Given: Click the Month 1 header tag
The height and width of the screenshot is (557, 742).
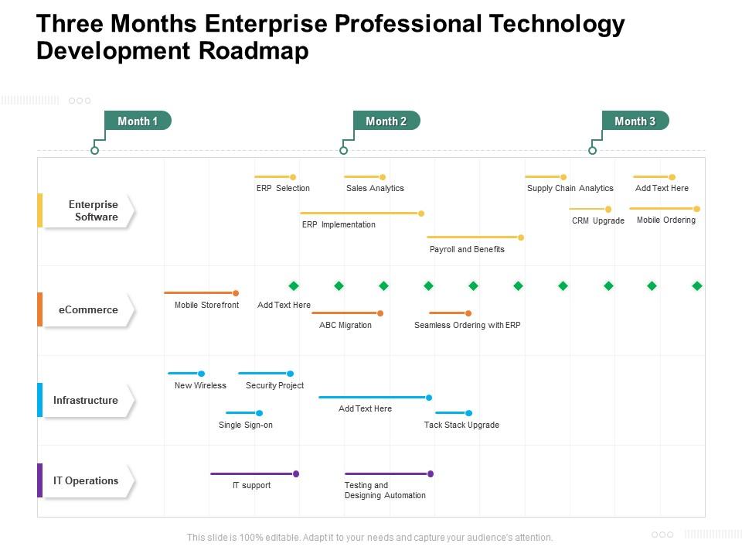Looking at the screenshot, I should (x=138, y=121).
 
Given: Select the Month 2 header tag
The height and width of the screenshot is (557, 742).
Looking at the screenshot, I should (x=386, y=121).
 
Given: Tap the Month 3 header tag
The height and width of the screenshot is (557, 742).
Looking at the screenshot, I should (x=635, y=121).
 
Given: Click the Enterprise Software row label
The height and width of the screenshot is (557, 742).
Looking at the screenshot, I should (x=93, y=210).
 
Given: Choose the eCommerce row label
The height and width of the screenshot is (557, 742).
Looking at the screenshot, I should (x=88, y=309).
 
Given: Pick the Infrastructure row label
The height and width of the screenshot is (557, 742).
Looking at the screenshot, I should (x=86, y=400).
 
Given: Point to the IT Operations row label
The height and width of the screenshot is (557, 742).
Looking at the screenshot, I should (x=86, y=480).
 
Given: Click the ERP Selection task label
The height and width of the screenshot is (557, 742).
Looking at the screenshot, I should (x=283, y=188).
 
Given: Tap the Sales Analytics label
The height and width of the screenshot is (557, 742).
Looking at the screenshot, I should (x=375, y=188).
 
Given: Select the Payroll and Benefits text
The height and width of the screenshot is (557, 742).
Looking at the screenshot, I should (x=467, y=249).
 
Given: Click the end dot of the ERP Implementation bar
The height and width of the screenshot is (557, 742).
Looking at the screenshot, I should (x=421, y=214).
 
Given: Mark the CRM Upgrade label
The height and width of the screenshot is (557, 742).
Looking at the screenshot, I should (x=598, y=220).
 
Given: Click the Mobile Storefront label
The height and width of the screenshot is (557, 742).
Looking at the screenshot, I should (x=206, y=305).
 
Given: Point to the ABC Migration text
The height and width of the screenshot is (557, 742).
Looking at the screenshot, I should (x=345, y=325).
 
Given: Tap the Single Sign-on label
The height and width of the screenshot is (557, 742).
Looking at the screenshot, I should (x=246, y=425).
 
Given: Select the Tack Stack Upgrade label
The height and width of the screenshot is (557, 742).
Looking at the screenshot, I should (x=461, y=425).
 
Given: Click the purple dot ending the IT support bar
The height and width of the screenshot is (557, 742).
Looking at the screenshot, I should (x=296, y=473).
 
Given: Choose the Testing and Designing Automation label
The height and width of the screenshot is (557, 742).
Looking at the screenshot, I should (x=385, y=490).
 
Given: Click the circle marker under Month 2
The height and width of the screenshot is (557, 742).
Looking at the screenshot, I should (x=344, y=150).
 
